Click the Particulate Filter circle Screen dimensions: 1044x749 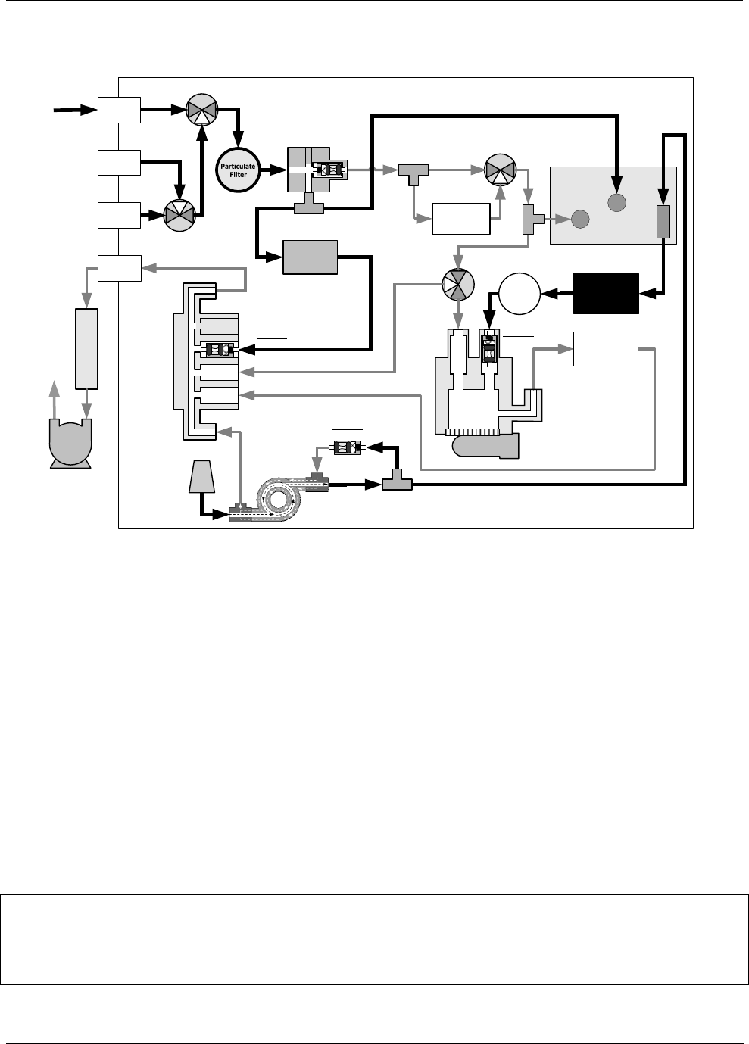tap(239, 170)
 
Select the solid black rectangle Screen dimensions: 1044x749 tap(607, 293)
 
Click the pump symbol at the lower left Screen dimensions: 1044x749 tap(70, 443)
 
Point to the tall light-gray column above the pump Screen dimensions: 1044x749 tap(88, 347)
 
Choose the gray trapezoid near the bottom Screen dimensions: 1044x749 tap(200, 478)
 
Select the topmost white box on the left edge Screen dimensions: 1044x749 tap(119, 110)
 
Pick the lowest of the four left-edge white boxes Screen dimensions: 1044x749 tap(119, 268)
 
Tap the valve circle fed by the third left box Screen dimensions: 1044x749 tap(180, 215)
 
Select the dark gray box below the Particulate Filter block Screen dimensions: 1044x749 tap(309, 257)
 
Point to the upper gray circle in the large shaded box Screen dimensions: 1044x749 tap(616, 202)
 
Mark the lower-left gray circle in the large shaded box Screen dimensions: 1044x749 tap(580, 219)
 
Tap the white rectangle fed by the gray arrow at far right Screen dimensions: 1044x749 tap(606, 348)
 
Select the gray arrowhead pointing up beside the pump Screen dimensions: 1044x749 tap(53, 390)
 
